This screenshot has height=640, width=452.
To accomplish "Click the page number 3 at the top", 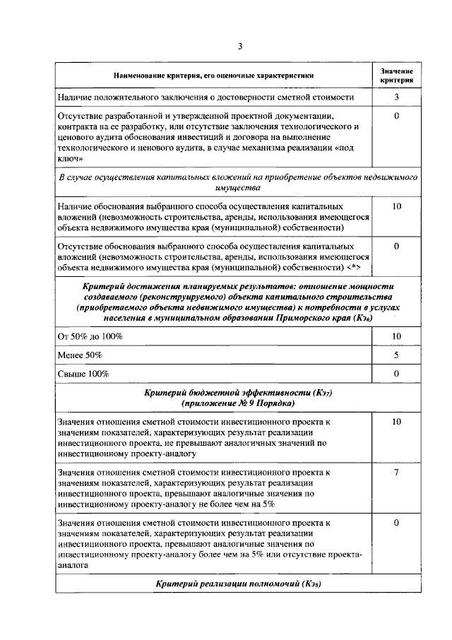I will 239,47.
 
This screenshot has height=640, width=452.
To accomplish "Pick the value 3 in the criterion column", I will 396,97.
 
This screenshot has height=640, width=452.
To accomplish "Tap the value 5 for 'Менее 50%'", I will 396,355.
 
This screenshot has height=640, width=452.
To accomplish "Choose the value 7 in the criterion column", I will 396,471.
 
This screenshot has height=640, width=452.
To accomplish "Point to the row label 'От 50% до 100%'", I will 90,336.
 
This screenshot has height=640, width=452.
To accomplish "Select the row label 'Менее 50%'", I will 80,355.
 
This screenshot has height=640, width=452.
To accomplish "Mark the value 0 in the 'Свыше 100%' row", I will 396,373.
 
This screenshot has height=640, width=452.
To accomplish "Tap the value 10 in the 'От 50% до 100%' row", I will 396,336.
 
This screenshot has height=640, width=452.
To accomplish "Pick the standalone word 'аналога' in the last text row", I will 73,565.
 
